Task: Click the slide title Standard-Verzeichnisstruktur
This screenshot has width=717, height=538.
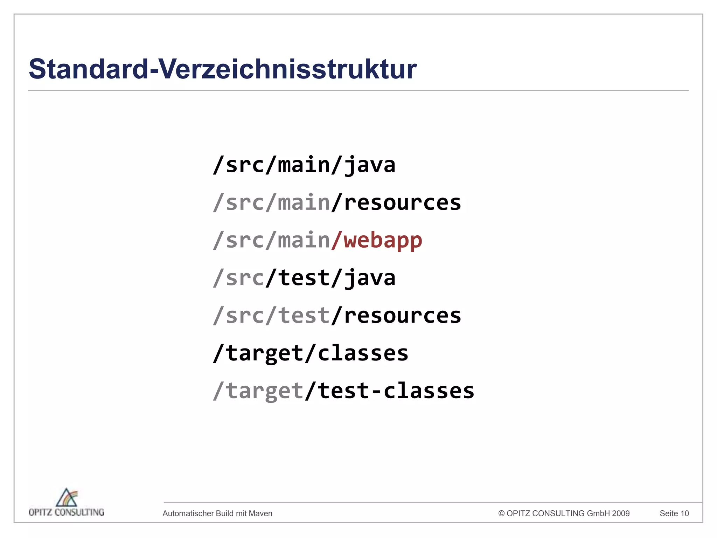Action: pos(223,69)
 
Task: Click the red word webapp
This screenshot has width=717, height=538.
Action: pos(383,240)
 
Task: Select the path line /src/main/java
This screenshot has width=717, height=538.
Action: pos(304,165)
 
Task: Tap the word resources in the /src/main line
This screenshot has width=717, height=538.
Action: pos(402,203)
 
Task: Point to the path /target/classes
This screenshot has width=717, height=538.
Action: pos(311,353)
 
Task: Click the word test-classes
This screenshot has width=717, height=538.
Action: pos(396,391)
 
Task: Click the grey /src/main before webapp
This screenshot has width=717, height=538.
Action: pos(272,240)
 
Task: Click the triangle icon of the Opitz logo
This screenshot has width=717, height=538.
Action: pos(67,497)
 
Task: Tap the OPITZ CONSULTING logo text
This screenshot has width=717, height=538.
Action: pos(67,512)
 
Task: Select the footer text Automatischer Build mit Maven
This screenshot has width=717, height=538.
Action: pos(217,513)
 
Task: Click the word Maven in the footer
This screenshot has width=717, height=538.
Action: pos(260,513)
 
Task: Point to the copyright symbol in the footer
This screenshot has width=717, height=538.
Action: pos(501,513)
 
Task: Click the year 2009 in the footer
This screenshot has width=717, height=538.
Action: pos(620,513)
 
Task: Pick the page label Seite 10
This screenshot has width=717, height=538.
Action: pos(674,513)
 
